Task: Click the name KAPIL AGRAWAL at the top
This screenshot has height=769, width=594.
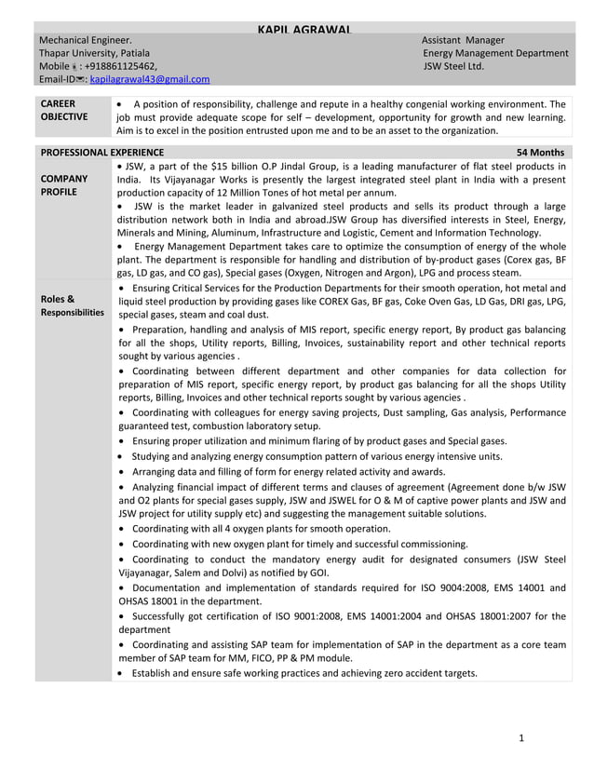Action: pos(304,31)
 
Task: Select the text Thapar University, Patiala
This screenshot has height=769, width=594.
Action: pos(93,53)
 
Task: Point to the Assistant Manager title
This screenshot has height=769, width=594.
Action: pos(463,40)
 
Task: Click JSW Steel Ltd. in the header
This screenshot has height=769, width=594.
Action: pos(453,67)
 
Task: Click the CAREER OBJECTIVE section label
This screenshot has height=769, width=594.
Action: pos(63,111)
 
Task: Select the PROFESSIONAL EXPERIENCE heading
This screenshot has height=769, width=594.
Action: pos(101,153)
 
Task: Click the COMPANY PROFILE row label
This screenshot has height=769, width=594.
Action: pos(63,184)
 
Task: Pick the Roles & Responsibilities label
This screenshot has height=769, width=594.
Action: pos(72,305)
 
